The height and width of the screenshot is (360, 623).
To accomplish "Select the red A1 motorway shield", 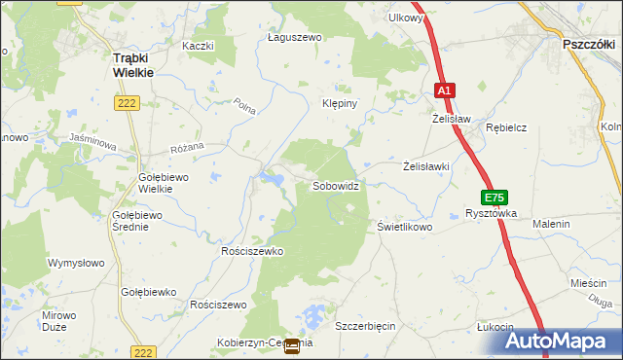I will pos(444,90).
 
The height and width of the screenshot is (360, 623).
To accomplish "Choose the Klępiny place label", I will pos(341,102).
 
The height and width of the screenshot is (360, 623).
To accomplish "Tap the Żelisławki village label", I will pos(426,166).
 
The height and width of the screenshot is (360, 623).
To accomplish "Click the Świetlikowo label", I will pos(404,226).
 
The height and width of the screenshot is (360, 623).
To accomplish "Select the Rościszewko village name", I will pos(251,251).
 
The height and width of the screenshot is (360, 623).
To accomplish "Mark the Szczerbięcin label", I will pos(365,326).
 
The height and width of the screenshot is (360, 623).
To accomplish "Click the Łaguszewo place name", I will pos(294,37).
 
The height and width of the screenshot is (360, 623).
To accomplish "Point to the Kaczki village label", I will pos(197,46).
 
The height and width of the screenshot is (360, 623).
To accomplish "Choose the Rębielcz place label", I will pos(506,126).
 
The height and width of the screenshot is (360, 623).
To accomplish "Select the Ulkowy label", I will pos(405,18).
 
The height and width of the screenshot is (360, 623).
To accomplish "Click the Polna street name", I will pos(244,107).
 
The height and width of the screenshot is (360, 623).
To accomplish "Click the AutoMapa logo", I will pos(564,342).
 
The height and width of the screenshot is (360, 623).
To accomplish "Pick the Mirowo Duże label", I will pos(58,321).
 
